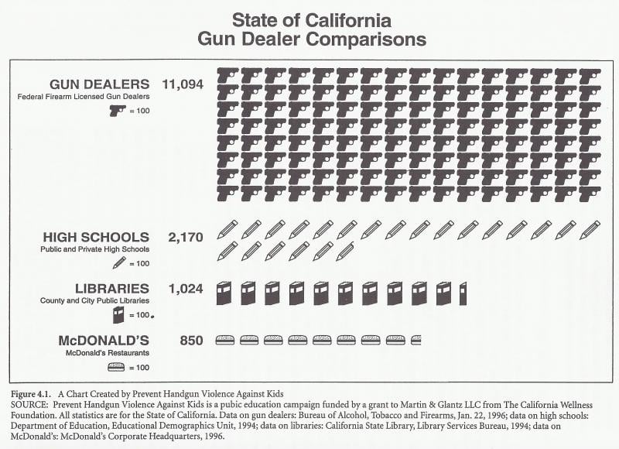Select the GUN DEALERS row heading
(99, 84)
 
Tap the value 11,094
(183, 84)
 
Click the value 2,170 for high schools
(185, 237)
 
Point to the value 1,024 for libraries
(185, 289)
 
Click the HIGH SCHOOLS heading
(96, 237)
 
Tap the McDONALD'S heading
(104, 340)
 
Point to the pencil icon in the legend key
(119, 263)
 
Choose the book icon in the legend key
(118, 315)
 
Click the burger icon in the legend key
(118, 366)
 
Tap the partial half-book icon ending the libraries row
(463, 293)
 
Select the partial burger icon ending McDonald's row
(416, 340)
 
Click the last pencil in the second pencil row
(346, 251)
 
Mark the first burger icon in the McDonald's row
(225, 340)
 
